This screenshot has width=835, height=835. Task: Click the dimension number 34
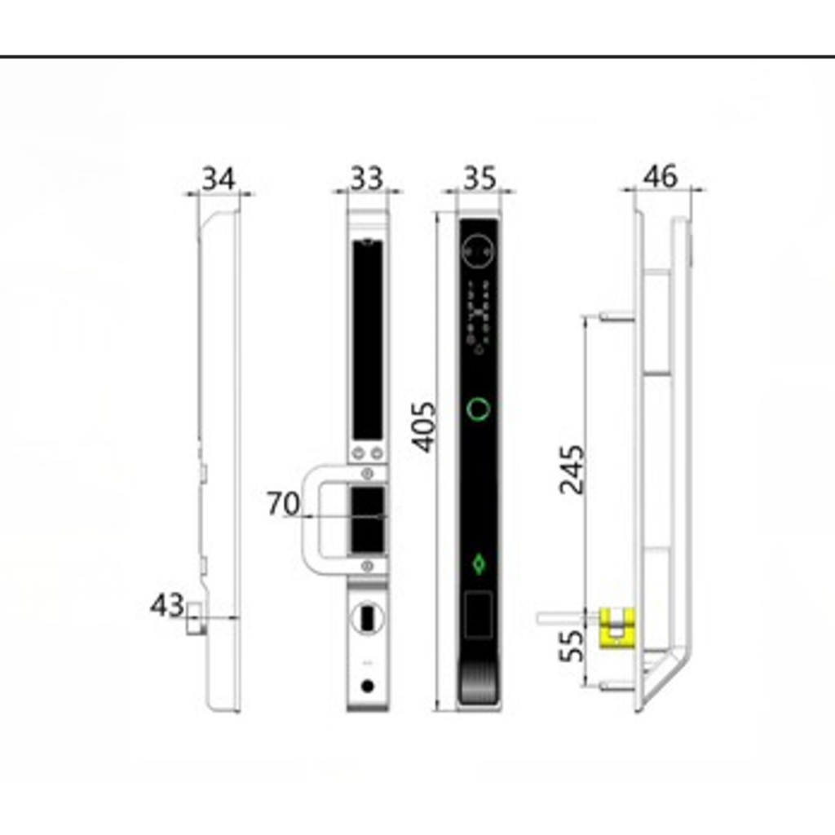pyautogui.click(x=219, y=179)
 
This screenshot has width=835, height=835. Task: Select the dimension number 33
pyautogui.click(x=366, y=179)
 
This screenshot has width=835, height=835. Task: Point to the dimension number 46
pyautogui.click(x=660, y=176)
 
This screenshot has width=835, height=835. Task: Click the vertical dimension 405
pyautogui.click(x=425, y=427)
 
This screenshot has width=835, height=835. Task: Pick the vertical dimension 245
pyautogui.click(x=572, y=469)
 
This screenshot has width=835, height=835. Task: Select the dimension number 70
pyautogui.click(x=283, y=503)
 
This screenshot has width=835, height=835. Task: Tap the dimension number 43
pyautogui.click(x=167, y=606)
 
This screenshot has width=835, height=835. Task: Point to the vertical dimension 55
pyautogui.click(x=572, y=646)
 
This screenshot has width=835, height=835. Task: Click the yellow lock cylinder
pyautogui.click(x=618, y=628)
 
